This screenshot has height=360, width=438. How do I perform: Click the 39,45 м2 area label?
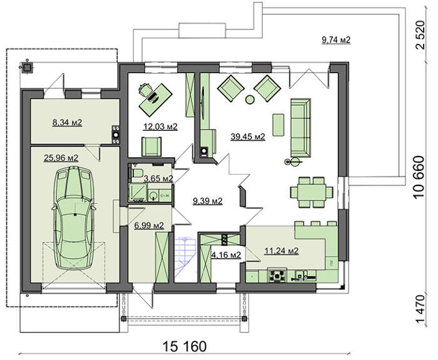(x=248, y=136)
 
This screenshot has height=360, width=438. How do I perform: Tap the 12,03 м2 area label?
(x=160, y=126)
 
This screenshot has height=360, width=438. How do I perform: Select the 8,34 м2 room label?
(x=67, y=122)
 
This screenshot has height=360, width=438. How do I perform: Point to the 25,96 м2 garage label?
(x=61, y=158)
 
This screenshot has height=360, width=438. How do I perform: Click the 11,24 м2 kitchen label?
(x=282, y=250)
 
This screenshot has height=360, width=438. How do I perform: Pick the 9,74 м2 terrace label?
(x=336, y=40)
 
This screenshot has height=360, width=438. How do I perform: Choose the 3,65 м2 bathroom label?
(x=158, y=178)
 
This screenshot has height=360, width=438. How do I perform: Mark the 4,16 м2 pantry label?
(x=227, y=255)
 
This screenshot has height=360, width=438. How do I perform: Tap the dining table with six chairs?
(x=312, y=192)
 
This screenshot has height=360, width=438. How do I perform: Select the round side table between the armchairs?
(x=250, y=100)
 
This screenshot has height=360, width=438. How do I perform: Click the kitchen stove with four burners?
(x=277, y=275)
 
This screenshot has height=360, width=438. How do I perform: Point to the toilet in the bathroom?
(x=137, y=172)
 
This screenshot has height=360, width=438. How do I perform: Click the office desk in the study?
(x=156, y=100)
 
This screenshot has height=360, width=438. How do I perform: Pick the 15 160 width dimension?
(x=185, y=346)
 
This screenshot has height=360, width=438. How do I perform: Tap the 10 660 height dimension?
(x=419, y=177)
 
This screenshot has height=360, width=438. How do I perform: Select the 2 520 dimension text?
(x=420, y=35)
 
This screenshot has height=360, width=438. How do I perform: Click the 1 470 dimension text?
(x=420, y=308)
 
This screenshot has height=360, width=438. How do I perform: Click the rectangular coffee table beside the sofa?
(x=278, y=125)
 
